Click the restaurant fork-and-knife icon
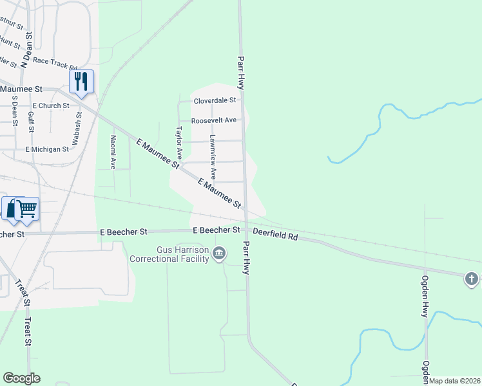point(81,81)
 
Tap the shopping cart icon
point(26,208)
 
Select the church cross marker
point(472,279)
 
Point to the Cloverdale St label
point(216,100)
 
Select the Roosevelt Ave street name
point(213,120)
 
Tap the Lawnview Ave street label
point(213,156)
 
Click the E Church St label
point(50,106)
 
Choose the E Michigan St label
point(47,149)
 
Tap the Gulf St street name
point(31,122)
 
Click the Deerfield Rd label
point(275,235)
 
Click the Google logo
point(21,378)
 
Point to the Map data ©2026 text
point(454,381)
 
